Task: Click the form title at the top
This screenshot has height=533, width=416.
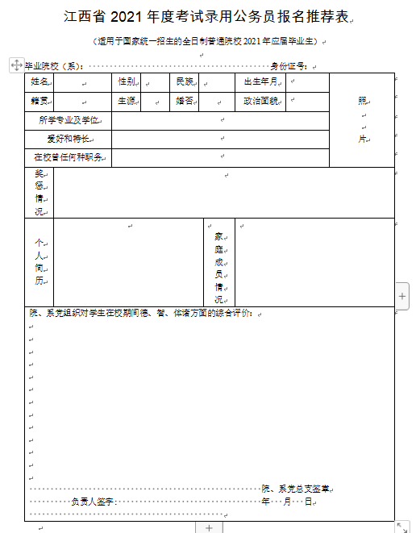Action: [x=207, y=17]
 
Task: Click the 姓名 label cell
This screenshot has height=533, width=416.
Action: [x=40, y=82]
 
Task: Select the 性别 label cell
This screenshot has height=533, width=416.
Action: [x=127, y=82]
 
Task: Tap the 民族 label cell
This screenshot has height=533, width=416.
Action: [x=184, y=82]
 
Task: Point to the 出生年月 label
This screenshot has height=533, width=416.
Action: [x=260, y=82]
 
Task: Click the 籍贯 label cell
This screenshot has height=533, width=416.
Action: [x=40, y=102]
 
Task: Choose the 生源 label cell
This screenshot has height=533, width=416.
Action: [x=127, y=102]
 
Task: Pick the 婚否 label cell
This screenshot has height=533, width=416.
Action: [x=184, y=102]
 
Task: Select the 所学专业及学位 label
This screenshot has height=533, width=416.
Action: [x=69, y=120]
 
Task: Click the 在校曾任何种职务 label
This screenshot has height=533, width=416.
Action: [x=69, y=157]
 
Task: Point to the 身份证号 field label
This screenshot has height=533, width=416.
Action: [x=289, y=66]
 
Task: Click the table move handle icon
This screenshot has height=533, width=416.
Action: [x=15, y=64]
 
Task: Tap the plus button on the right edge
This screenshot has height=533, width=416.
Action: [x=402, y=296]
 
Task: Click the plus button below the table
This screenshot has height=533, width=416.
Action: [x=209, y=527]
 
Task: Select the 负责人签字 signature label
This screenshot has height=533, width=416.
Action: [x=94, y=502]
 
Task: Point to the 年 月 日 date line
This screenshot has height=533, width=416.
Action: [x=286, y=502]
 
